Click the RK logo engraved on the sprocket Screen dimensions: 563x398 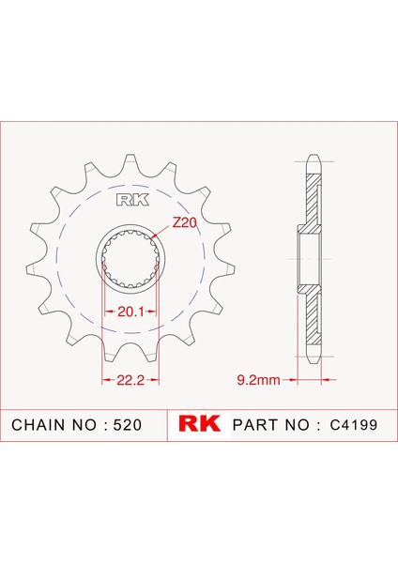click(129, 199)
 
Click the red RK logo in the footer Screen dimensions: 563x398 click(198, 424)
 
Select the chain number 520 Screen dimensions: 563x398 click(127, 425)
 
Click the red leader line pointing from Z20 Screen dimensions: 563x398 click(161, 232)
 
